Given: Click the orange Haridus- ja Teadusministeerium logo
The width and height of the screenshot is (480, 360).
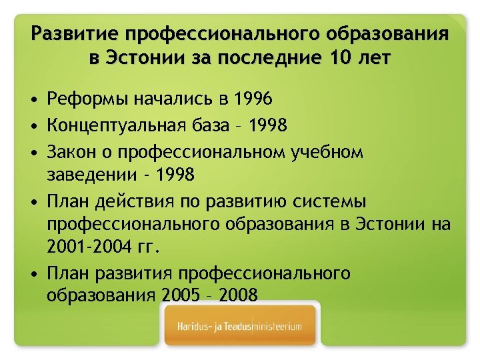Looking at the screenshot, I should click(241, 327).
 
